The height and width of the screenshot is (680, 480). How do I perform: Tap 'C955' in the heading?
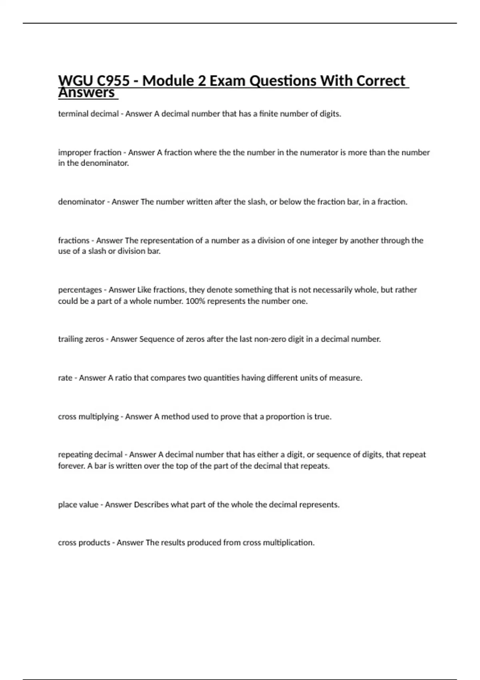pos(113,81)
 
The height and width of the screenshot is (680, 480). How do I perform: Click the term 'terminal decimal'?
pos(88,114)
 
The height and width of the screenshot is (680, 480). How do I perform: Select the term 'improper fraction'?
pos(90,152)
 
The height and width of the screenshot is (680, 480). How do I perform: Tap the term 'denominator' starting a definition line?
pos(81,202)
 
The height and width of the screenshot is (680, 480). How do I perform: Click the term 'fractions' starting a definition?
pos(74,240)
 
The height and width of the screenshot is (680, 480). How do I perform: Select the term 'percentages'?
pos(80,290)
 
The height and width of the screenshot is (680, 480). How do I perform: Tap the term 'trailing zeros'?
pos(81,339)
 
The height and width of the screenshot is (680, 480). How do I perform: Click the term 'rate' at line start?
pos(65,378)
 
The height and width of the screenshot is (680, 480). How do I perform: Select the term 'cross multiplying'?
pos(88,417)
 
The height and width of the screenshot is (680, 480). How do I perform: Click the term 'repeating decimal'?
pos(90,455)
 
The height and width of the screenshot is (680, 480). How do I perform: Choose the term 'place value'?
pos(78,505)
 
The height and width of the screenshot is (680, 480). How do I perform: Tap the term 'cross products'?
pos(84,543)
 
